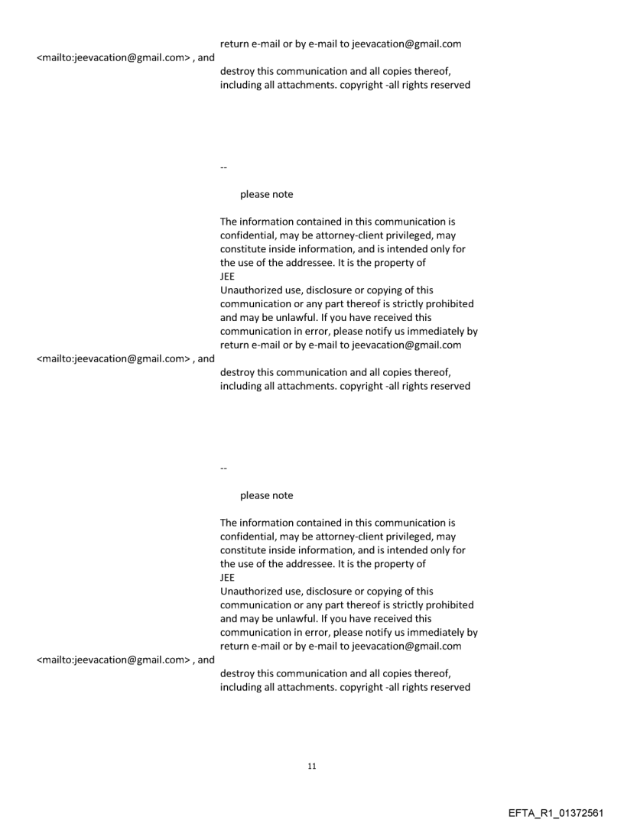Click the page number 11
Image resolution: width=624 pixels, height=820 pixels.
(x=311, y=766)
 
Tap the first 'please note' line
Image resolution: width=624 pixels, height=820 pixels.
(x=266, y=195)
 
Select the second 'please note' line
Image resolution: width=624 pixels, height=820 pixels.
(x=266, y=496)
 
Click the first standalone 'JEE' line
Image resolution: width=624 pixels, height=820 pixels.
(x=227, y=277)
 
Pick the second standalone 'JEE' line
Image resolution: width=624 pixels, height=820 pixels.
(x=227, y=578)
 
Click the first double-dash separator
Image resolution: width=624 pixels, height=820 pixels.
(x=223, y=165)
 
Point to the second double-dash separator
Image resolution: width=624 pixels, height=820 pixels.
(x=223, y=466)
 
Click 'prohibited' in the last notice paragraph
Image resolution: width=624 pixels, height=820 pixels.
(x=448, y=605)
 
